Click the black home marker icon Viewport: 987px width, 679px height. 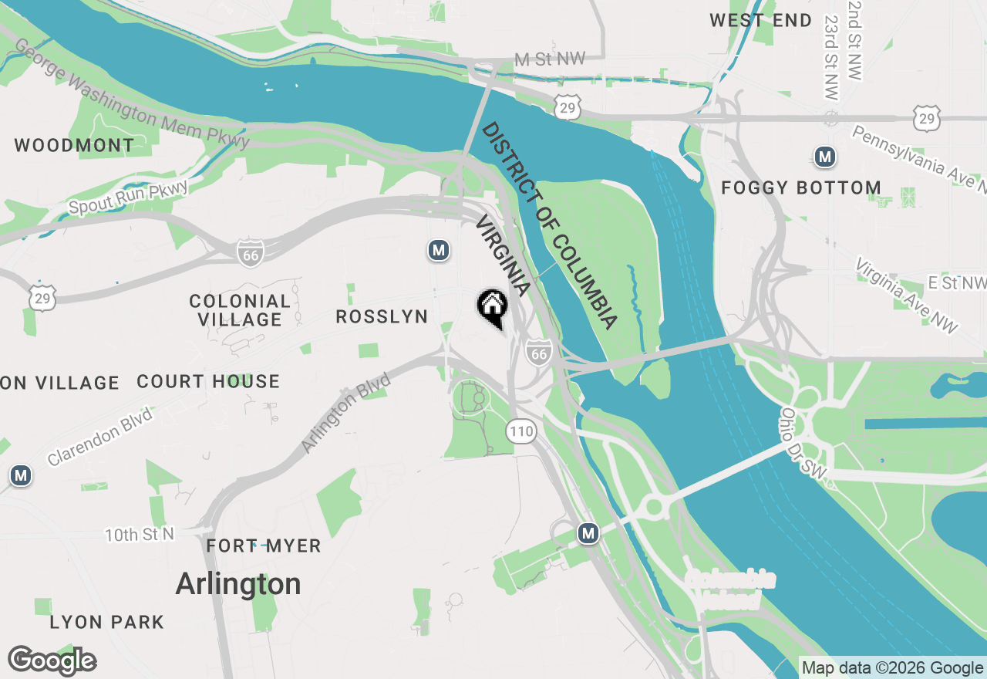click(x=492, y=306)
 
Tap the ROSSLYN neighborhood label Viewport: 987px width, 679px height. click(x=382, y=316)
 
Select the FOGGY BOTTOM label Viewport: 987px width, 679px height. click(x=801, y=187)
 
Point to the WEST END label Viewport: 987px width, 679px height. click(x=760, y=21)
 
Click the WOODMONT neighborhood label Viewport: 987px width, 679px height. click(x=74, y=145)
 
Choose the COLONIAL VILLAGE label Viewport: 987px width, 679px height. click(x=240, y=310)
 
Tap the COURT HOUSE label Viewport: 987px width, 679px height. click(x=208, y=381)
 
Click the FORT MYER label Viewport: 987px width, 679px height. click(x=263, y=546)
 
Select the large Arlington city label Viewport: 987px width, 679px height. click(x=238, y=584)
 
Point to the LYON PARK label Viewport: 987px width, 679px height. click(x=106, y=622)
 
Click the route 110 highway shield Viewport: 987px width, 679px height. click(x=522, y=431)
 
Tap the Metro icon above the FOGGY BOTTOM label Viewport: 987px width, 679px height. click(x=825, y=157)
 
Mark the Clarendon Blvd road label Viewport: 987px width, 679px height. click(x=99, y=437)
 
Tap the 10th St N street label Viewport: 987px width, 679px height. click(x=140, y=534)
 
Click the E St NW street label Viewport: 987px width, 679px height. click(x=956, y=283)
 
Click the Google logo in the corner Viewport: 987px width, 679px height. click(x=52, y=660)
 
